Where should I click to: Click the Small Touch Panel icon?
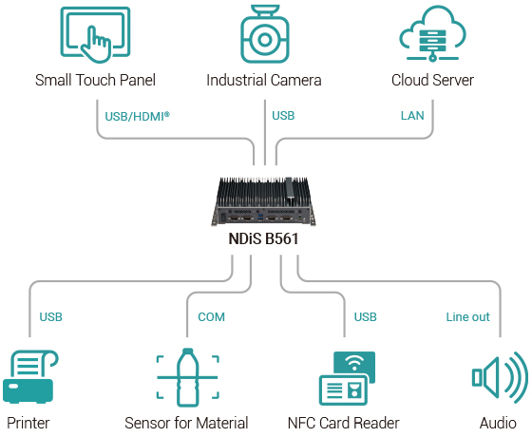click(x=94, y=35)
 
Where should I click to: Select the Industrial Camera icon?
click(x=263, y=36)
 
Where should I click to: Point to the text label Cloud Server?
click(x=432, y=80)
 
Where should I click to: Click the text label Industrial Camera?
click(x=263, y=80)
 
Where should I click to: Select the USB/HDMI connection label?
click(x=136, y=116)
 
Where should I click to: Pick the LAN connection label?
click(x=411, y=116)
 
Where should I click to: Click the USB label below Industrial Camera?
click(x=283, y=116)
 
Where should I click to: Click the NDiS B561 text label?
click(x=265, y=239)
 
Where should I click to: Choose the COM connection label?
click(x=211, y=316)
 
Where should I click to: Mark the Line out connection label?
click(x=467, y=316)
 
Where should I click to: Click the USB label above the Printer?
click(x=50, y=316)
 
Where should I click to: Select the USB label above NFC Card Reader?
click(x=366, y=316)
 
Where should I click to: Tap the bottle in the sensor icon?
click(x=187, y=377)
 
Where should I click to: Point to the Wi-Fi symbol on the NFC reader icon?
click(x=354, y=363)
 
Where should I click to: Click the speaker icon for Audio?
click(x=499, y=377)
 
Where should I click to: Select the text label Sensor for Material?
click(x=186, y=423)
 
